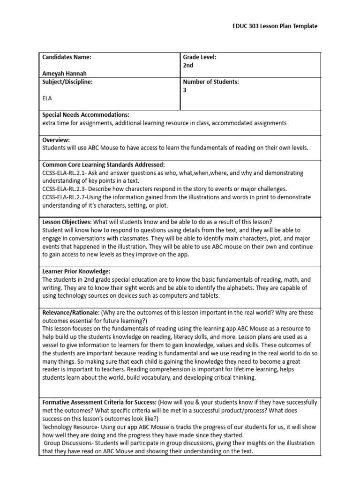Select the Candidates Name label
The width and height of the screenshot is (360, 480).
[67, 57]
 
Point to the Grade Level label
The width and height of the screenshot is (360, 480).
[199, 57]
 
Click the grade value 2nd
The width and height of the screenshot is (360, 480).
[188, 66]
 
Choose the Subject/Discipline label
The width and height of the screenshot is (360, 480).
[67, 82]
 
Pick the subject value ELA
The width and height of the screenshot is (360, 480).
[47, 98]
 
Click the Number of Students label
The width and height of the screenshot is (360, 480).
[211, 82]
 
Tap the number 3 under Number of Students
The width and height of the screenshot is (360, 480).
[185, 90]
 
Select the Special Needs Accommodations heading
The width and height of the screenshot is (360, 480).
[86, 115]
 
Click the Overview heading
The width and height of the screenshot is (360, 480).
[56, 140]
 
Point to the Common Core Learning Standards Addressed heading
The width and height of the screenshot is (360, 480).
[104, 165]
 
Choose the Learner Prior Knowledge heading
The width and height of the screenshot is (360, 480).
[76, 271]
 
